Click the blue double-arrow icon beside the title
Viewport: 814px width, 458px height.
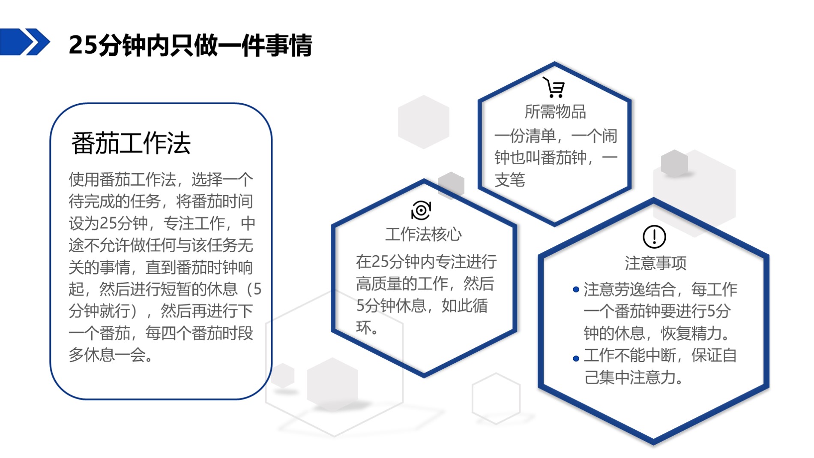25,42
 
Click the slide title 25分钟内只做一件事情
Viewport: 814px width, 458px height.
191,45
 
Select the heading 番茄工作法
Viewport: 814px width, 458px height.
131,143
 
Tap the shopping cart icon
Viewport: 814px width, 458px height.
554,87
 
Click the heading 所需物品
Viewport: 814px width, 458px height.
555,112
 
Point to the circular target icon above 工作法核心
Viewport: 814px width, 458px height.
421,210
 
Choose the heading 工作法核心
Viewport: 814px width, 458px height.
424,235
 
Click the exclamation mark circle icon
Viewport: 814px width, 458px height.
654,237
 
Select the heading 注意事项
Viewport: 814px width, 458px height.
655,263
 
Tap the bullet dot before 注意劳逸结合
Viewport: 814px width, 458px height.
576,290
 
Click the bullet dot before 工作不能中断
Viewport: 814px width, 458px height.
576,359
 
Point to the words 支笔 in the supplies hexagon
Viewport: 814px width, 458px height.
510,180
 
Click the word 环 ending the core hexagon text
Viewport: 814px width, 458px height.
364,328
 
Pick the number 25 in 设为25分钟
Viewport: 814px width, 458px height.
108,223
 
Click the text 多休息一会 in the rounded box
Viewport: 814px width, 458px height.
107,355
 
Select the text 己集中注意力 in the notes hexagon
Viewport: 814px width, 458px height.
630,377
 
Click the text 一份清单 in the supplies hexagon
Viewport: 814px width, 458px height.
525,136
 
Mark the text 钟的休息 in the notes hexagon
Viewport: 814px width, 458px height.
614,333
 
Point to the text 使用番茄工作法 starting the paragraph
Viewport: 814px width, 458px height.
123,179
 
